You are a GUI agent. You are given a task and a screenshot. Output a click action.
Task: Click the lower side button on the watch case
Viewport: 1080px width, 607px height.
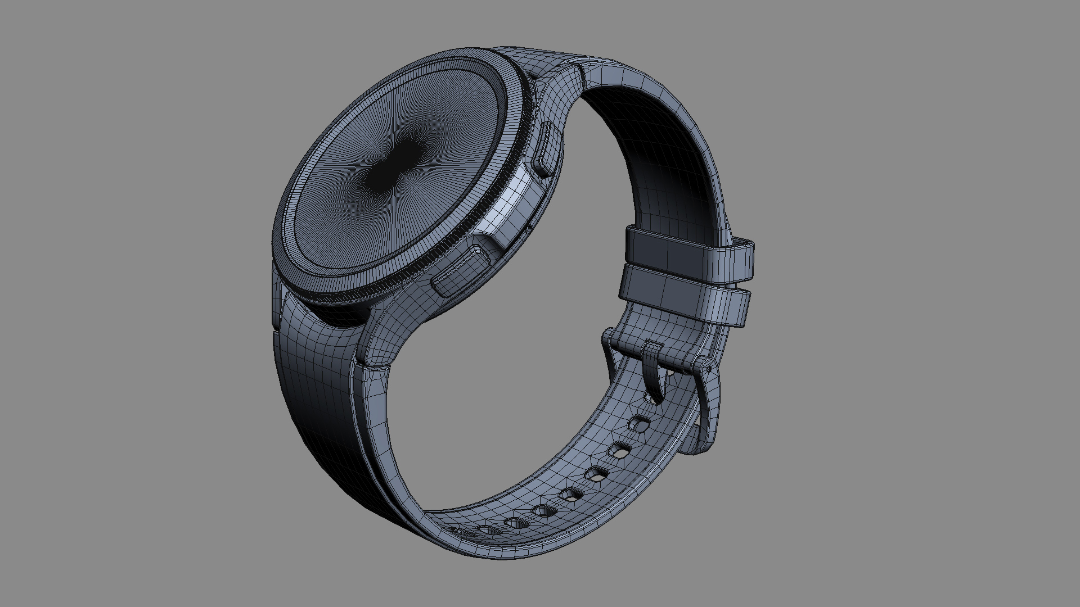tap(460, 273)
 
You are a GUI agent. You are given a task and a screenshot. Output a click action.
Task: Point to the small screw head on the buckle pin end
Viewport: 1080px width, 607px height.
tap(708, 369)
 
